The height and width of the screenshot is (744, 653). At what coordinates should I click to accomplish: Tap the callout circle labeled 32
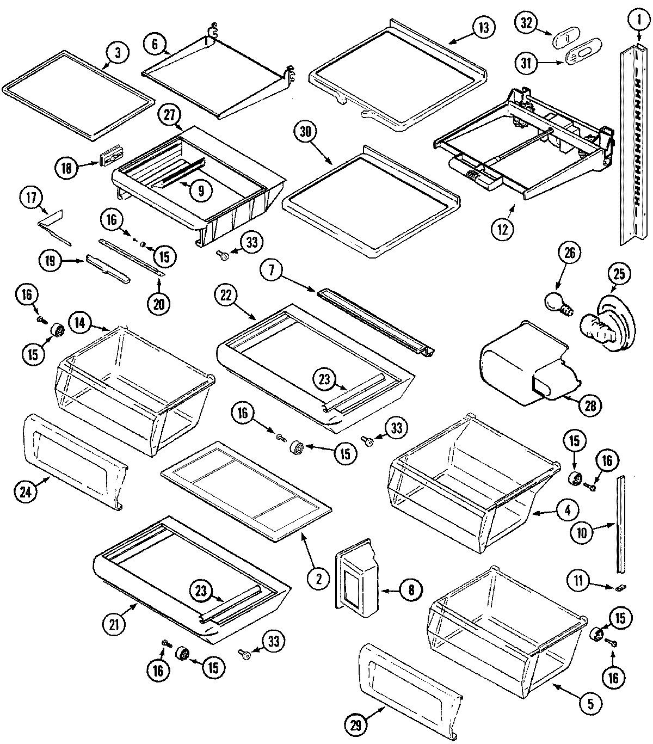[526, 23]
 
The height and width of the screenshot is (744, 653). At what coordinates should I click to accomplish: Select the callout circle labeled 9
[201, 190]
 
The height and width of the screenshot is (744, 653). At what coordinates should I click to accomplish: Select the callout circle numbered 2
[318, 579]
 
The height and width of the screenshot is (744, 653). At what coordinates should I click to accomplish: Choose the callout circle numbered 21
[114, 625]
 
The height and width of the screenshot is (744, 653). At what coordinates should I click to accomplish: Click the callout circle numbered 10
[582, 533]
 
